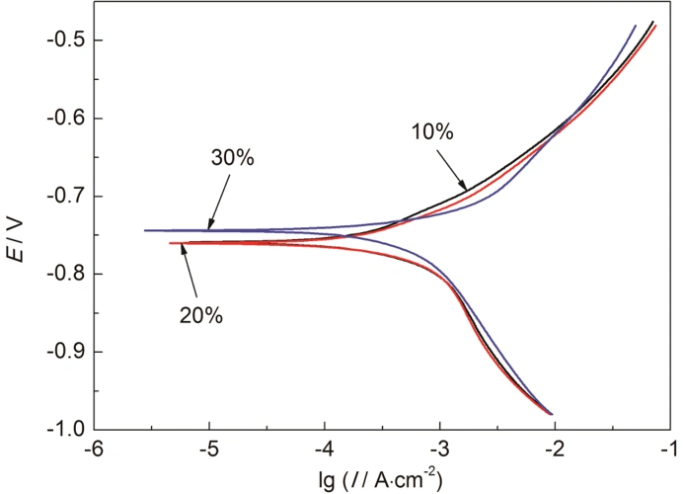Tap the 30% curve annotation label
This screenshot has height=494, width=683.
(233, 157)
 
